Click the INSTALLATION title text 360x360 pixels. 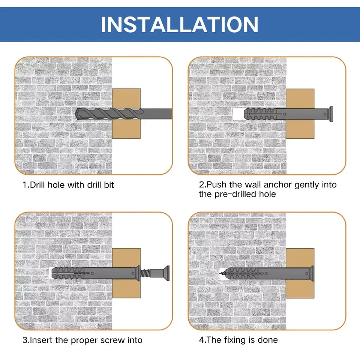pos(180,25)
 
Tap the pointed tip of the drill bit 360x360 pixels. pos(76,114)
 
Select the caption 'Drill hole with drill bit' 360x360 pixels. pos(72,185)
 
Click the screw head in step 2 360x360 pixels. pos(331,114)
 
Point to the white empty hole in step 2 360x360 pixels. pos(238,114)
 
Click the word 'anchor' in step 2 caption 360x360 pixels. pos(277,185)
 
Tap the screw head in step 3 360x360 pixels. pos(167,273)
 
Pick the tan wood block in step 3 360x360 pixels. pos(126,258)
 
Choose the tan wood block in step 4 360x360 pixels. pos(300,258)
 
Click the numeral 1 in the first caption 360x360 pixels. pos(25,185)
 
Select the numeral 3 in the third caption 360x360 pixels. pos(25,340)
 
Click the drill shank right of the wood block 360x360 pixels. pos(156,114)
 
